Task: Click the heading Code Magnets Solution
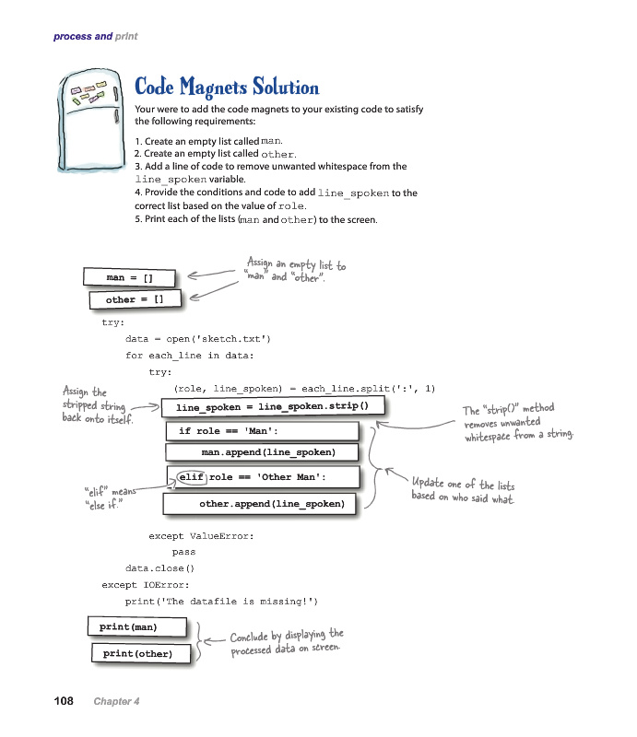[227, 88]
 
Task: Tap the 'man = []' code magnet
[129, 276]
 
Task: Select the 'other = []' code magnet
[135, 299]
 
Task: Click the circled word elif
[191, 476]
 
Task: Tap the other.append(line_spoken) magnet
[259, 504]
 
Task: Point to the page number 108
[64, 701]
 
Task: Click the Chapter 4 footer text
[116, 702]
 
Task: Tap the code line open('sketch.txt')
[198, 339]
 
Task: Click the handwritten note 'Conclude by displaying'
[286, 643]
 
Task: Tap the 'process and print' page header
[95, 36]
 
